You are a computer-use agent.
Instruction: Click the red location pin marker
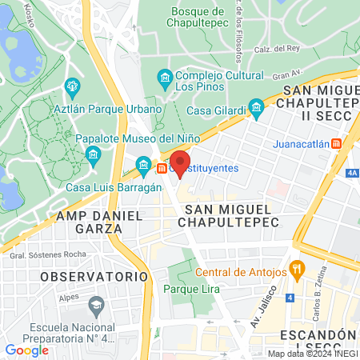click(179, 161)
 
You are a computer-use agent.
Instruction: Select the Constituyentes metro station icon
click(162, 168)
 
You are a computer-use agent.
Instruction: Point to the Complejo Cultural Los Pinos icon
click(165, 78)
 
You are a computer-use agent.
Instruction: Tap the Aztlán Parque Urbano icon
click(73, 86)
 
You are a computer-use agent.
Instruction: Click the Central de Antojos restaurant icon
click(295, 271)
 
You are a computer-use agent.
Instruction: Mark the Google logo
click(27, 350)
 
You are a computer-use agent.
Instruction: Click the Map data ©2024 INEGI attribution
click(312, 354)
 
